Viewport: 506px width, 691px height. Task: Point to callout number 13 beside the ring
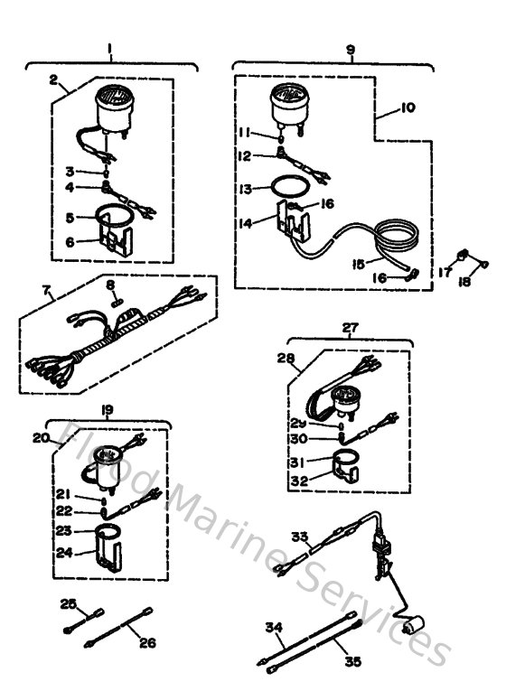pyautogui.click(x=245, y=189)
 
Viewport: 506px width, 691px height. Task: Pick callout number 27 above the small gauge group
pyautogui.click(x=350, y=329)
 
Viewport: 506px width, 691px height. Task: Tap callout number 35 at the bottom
pyautogui.click(x=353, y=662)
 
